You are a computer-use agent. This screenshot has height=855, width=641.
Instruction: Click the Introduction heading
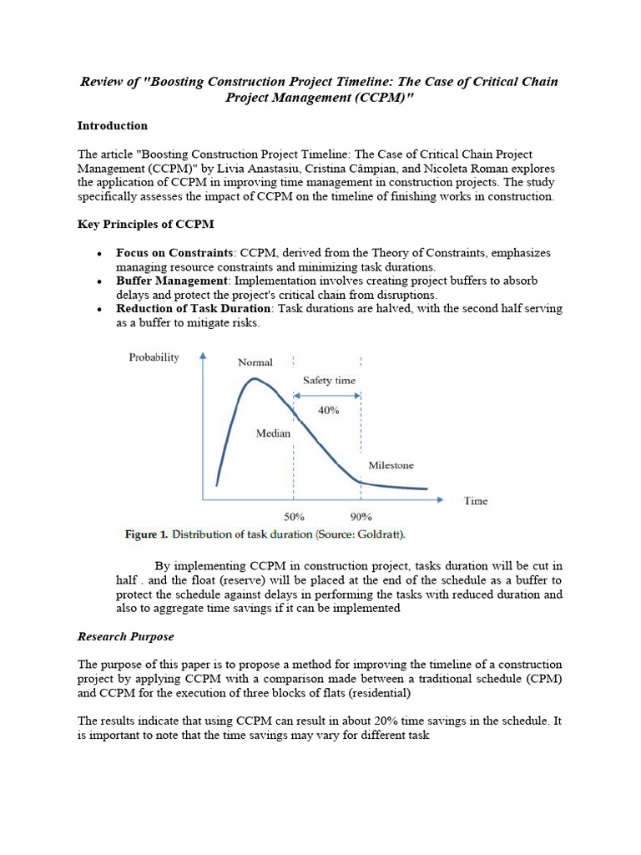pyautogui.click(x=113, y=126)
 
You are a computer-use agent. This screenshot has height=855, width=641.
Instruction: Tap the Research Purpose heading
pyautogui.click(x=125, y=636)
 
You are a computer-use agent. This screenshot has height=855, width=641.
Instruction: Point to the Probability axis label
pyautogui.click(x=154, y=357)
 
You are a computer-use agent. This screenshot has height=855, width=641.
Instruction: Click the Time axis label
pyautogui.click(x=476, y=501)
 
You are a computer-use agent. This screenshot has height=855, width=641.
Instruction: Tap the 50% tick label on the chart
pyautogui.click(x=294, y=517)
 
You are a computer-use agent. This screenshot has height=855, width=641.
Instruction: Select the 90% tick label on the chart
pyautogui.click(x=361, y=517)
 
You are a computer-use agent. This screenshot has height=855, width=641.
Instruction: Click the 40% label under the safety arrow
pyautogui.click(x=328, y=410)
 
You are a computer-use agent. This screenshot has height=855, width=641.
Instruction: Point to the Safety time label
pyautogui.click(x=329, y=380)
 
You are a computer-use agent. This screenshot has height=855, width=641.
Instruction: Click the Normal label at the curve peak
pyautogui.click(x=255, y=362)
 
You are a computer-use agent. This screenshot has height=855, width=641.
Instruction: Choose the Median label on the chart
pyautogui.click(x=273, y=433)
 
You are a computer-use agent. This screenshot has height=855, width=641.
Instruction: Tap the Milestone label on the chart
pyautogui.click(x=391, y=466)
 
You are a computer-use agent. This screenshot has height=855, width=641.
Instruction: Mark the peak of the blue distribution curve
pyautogui.click(x=250, y=380)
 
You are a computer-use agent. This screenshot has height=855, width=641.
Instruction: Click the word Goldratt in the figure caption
pyautogui.click(x=384, y=534)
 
